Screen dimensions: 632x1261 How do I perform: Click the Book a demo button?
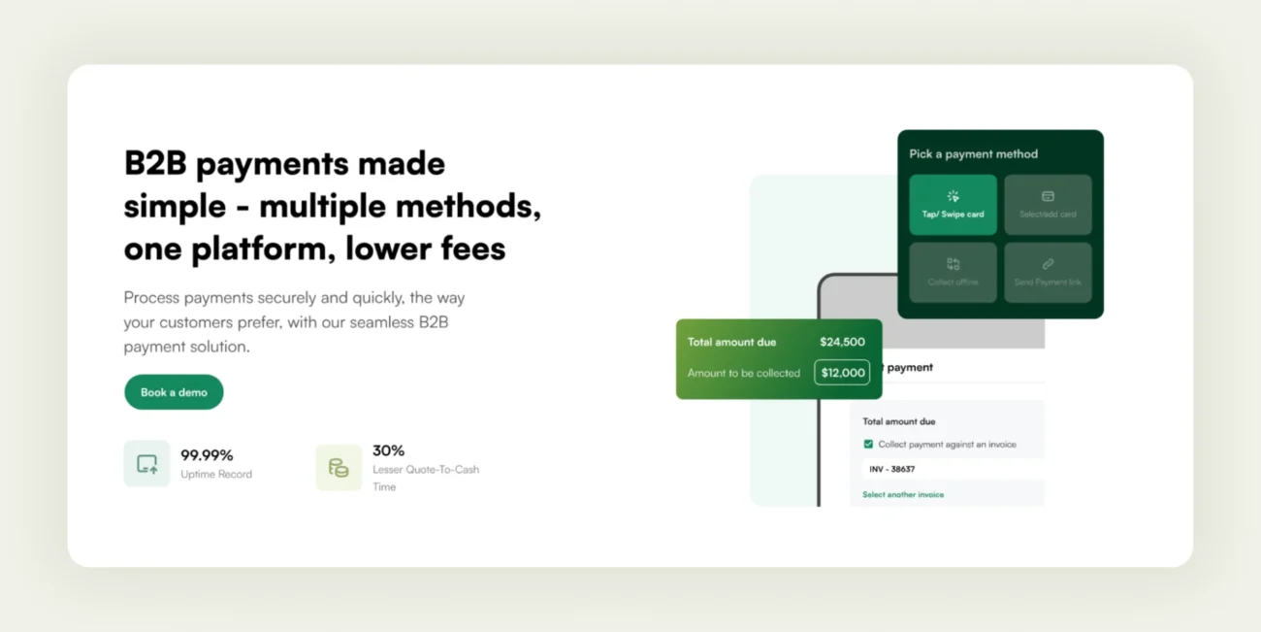(174, 392)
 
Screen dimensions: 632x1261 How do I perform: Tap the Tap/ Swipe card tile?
(953, 205)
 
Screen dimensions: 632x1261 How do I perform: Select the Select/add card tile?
(1048, 205)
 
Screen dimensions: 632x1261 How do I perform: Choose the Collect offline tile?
(953, 272)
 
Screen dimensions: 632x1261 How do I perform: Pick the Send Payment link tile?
(1048, 272)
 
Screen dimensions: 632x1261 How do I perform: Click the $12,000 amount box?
(842, 373)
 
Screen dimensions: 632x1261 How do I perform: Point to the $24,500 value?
(842, 342)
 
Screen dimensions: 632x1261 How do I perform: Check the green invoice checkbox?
(868, 445)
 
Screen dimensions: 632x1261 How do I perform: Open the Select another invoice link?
(903, 495)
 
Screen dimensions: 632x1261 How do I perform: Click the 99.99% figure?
(207, 454)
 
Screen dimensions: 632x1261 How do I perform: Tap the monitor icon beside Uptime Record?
(146, 464)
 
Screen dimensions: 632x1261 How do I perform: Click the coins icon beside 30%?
(339, 467)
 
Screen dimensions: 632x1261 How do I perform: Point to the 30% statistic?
(388, 450)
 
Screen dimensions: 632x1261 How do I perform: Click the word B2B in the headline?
(155, 163)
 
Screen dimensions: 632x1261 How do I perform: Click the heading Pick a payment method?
(973, 153)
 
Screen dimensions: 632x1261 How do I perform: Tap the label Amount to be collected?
(743, 373)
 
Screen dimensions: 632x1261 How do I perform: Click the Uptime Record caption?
(216, 475)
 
